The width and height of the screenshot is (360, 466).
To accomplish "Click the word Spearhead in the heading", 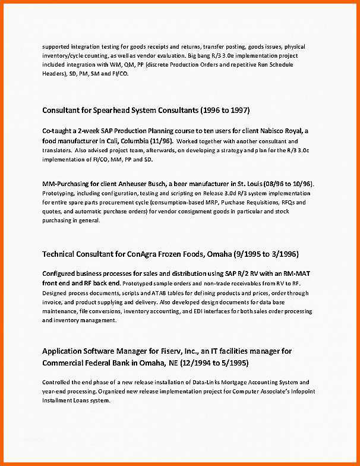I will tap(112, 110).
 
